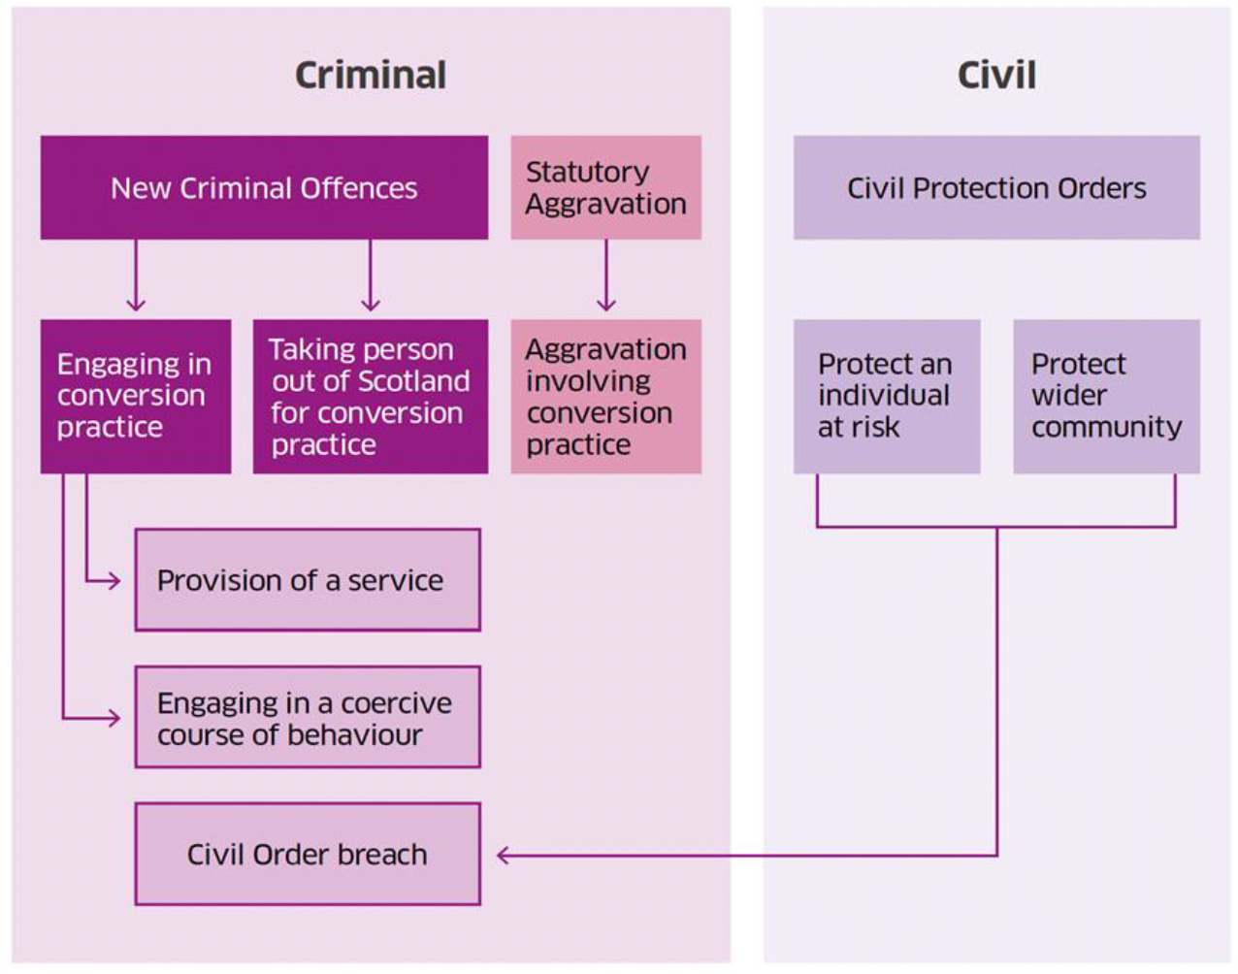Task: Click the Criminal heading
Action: (x=371, y=76)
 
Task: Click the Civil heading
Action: (x=996, y=76)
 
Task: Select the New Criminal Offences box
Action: (x=264, y=187)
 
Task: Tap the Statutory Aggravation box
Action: (x=605, y=187)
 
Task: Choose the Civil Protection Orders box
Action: (x=996, y=187)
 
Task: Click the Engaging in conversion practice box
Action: (x=135, y=396)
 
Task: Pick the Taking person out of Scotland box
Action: (x=370, y=396)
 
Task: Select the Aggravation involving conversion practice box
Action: (x=605, y=396)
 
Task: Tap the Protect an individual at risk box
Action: (x=886, y=396)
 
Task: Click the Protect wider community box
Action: (x=1106, y=396)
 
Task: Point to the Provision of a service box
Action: (x=307, y=580)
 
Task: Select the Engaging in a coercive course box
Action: (x=307, y=718)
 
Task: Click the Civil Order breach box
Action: (x=307, y=855)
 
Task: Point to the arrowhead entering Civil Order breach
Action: (x=504, y=856)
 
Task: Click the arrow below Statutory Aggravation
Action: (x=606, y=276)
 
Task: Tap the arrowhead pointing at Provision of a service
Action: (x=114, y=581)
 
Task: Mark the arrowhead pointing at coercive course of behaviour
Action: (x=114, y=719)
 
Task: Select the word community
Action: (x=1106, y=427)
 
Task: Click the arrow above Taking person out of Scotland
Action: (x=370, y=276)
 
